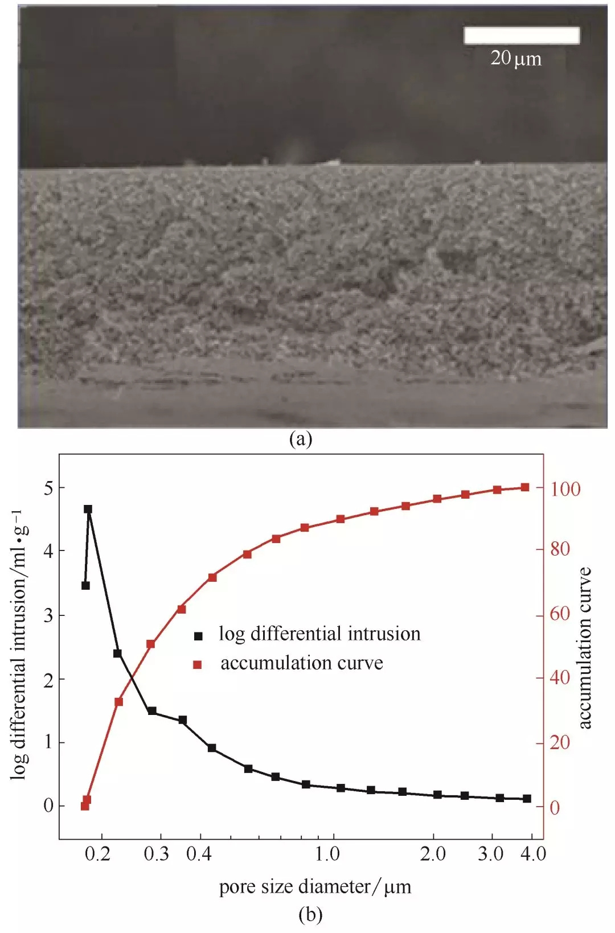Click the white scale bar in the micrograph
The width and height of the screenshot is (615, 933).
point(522,35)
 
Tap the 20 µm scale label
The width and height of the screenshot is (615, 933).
point(516,58)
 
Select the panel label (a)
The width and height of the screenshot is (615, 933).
point(301,439)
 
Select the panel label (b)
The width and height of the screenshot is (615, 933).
point(310,914)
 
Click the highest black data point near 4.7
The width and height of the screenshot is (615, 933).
point(88,509)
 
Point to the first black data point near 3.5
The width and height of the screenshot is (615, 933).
point(85,585)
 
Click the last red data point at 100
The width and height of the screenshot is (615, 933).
point(525,487)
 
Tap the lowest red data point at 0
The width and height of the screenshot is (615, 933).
point(85,806)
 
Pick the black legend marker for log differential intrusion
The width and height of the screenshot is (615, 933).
point(198,636)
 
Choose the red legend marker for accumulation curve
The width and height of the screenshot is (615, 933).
point(198,664)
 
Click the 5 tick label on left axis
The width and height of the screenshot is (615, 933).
point(48,488)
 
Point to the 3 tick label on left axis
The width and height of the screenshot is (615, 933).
point(48,615)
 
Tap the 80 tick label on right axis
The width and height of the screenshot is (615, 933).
point(560,549)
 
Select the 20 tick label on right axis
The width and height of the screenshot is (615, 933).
point(560,742)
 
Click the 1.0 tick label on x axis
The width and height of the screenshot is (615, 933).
point(328,854)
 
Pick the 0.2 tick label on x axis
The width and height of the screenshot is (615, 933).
point(97,854)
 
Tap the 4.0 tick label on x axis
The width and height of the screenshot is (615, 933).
point(534,854)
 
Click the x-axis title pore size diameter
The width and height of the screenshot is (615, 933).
point(315,887)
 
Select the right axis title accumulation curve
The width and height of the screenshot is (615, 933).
point(585,648)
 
